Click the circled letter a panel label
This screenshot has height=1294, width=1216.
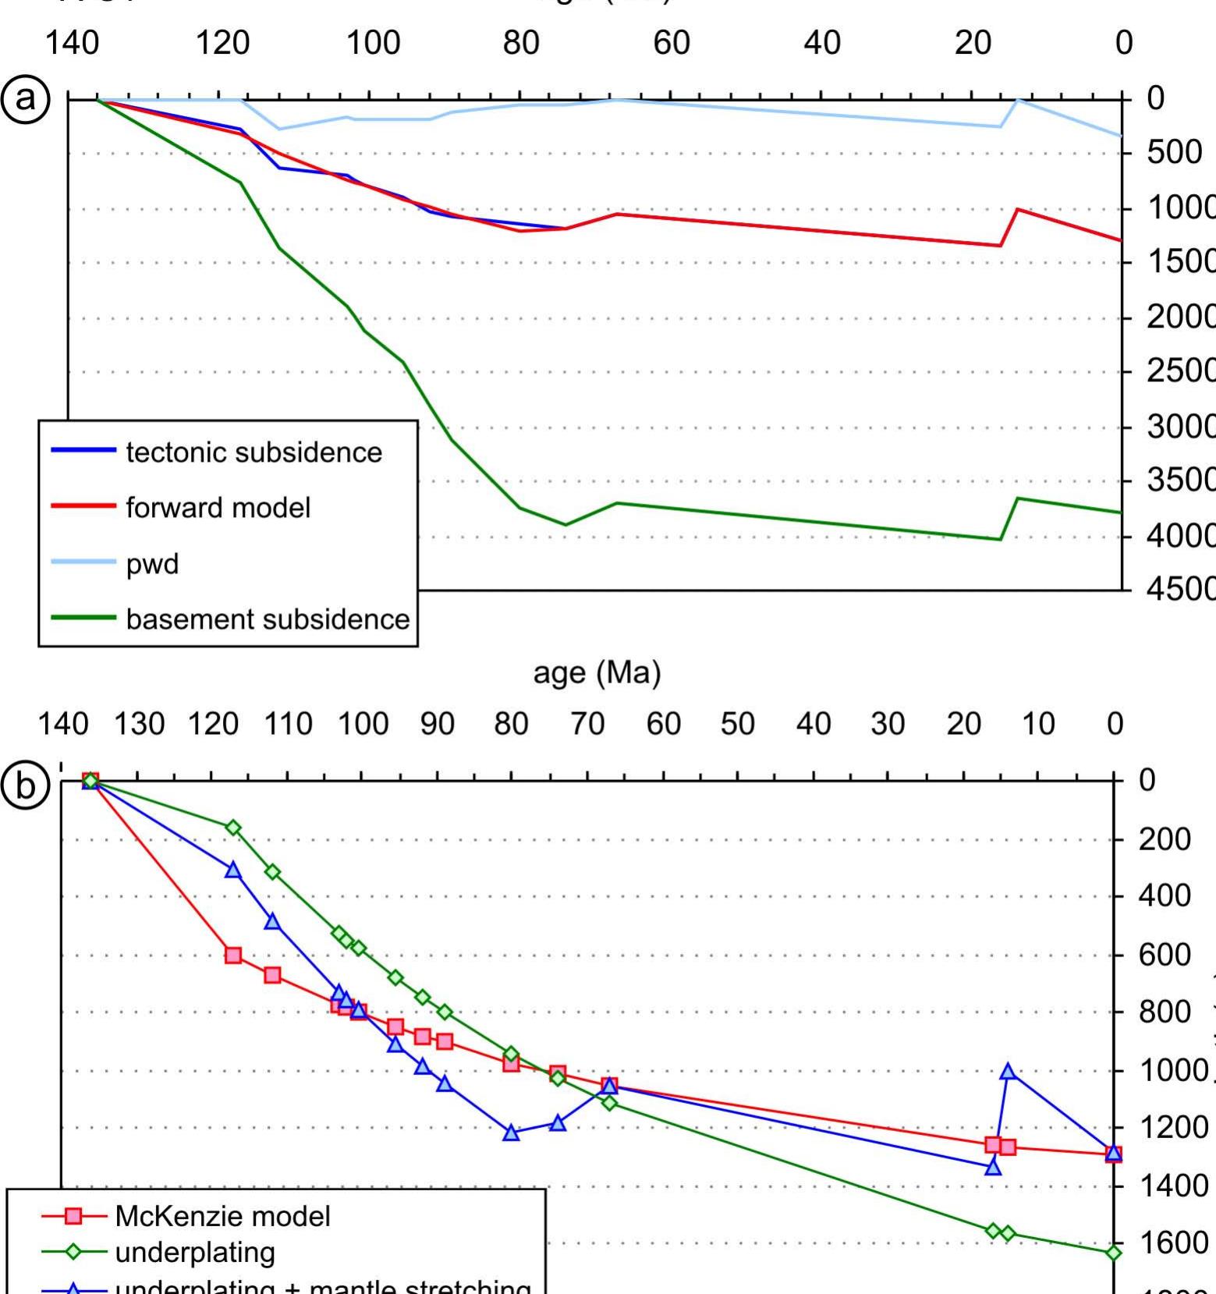26,99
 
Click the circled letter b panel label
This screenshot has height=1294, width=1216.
26,786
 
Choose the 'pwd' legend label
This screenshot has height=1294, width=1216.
152,563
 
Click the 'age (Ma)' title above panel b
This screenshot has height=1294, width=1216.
597,672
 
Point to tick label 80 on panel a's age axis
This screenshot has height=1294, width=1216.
521,42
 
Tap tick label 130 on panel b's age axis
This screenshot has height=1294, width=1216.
139,725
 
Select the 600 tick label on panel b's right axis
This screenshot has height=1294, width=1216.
1164,955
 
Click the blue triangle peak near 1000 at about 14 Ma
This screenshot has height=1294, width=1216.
1008,1071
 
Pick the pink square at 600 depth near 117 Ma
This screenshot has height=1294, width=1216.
233,955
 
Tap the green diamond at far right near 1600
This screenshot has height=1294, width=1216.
1114,1253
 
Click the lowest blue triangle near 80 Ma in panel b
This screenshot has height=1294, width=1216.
511,1133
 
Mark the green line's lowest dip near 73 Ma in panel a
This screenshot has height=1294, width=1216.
565,524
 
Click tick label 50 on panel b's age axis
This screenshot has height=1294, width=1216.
737,725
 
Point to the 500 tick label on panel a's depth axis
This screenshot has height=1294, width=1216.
1174,153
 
